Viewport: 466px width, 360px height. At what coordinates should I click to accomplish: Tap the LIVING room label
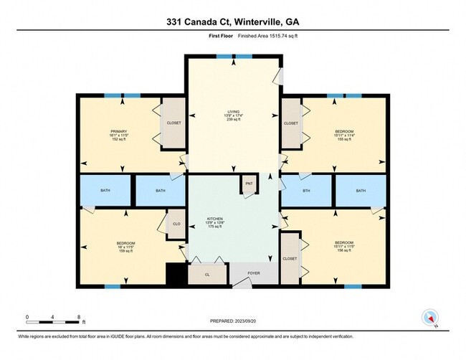(233, 111)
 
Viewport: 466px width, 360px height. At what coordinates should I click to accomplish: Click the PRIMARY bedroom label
(118, 131)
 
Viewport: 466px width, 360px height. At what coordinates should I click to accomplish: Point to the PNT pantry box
(249, 184)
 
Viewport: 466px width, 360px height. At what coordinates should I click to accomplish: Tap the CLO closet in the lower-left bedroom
(176, 224)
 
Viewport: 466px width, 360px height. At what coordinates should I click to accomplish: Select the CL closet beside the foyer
(207, 274)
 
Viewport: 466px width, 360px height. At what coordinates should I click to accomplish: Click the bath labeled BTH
(306, 191)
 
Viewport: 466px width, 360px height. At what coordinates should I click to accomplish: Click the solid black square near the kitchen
(176, 274)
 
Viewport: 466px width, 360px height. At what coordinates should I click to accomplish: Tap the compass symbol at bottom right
(431, 316)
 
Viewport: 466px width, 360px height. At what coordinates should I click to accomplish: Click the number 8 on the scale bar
(80, 316)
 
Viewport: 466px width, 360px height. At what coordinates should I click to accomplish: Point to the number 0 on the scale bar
(27, 316)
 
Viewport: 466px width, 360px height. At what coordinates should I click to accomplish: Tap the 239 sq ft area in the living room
(233, 120)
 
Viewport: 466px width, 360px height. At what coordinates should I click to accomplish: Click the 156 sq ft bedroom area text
(343, 251)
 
